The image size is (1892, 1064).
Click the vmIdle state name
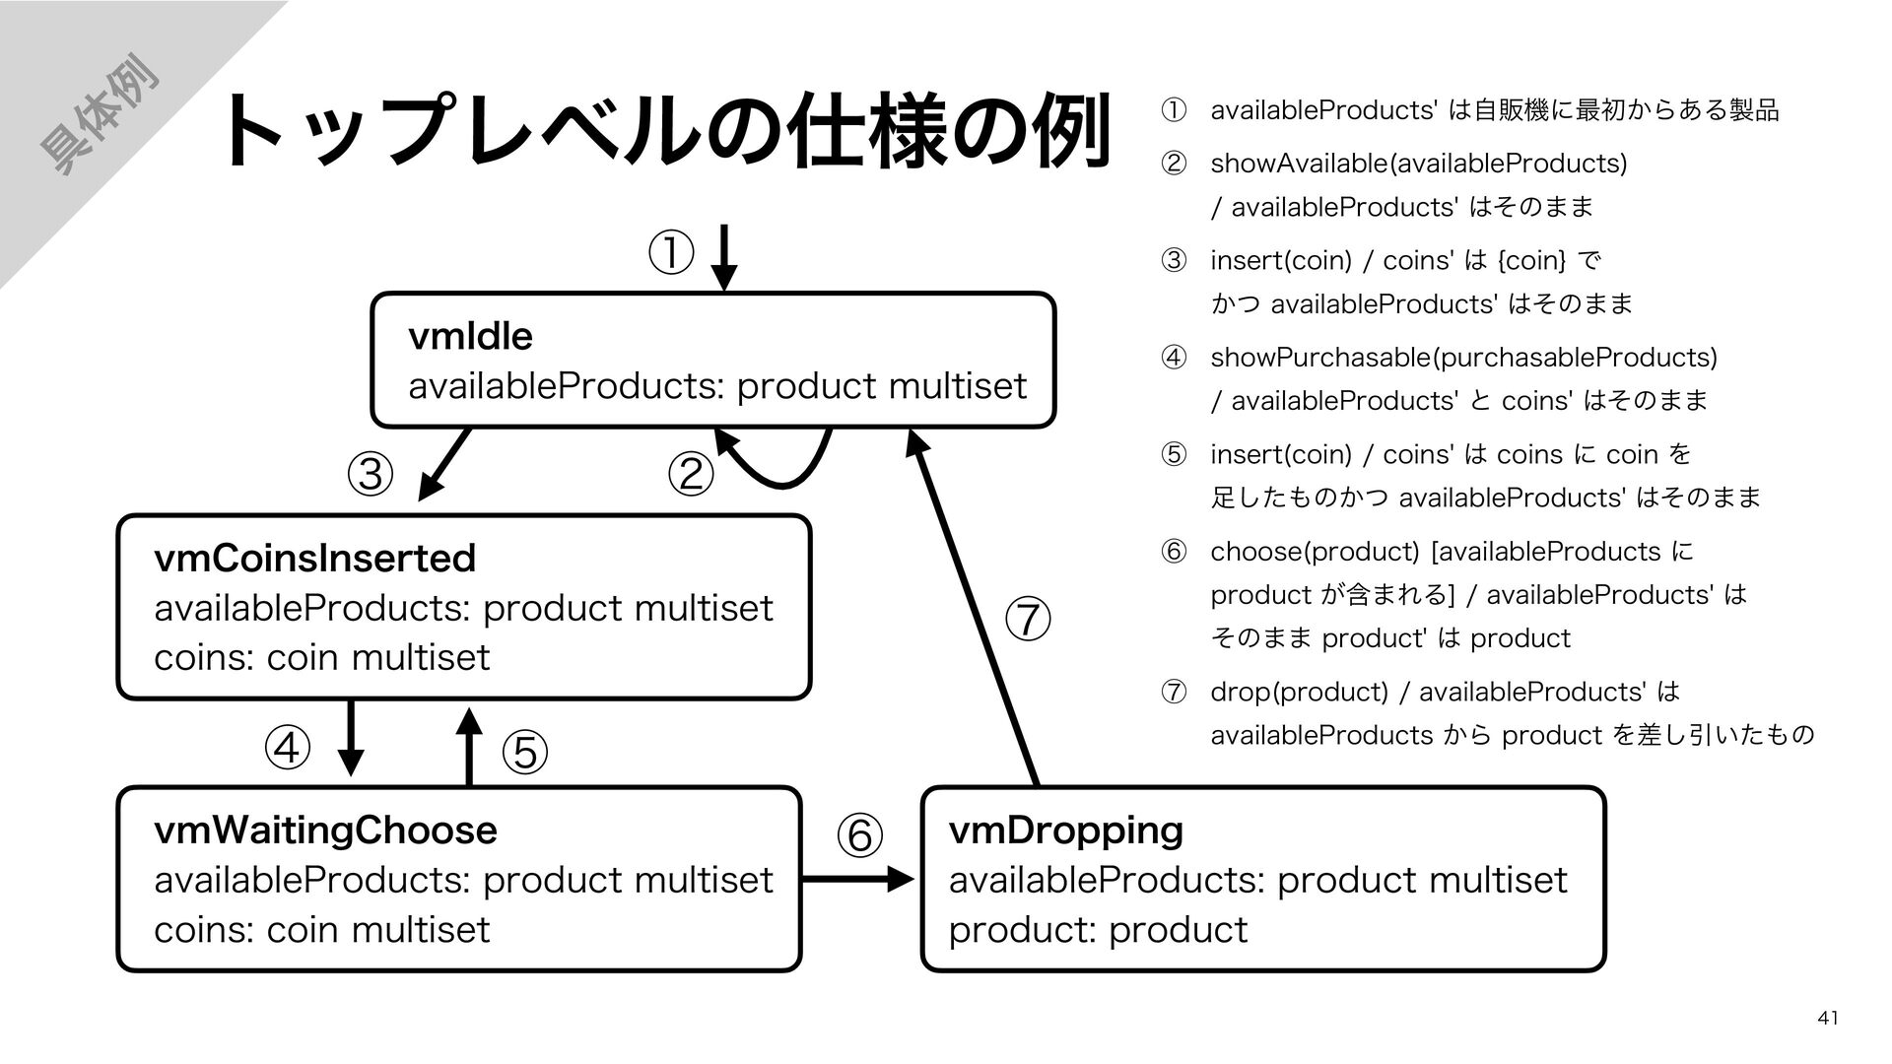tap(470, 337)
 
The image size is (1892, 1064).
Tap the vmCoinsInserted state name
tap(315, 559)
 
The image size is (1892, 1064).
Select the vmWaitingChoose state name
tap(325, 831)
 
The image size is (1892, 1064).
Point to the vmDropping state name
tap(1065, 831)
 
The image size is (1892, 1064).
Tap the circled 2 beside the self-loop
tap(690, 475)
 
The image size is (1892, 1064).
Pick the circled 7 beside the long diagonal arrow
tap(1028, 620)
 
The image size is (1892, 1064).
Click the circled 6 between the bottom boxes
tap(859, 835)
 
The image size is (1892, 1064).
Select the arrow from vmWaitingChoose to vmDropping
tap(858, 879)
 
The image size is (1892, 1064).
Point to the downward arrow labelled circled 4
tap(351, 739)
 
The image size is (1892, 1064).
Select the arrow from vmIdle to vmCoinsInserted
tap(443, 465)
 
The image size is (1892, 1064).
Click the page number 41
tap(1828, 1018)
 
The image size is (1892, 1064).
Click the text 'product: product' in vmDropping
tap(1098, 930)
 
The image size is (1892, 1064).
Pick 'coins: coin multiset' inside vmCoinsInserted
tap(322, 657)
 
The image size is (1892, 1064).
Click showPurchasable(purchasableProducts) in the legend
tap(1463, 357)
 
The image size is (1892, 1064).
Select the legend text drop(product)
tap(1299, 692)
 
